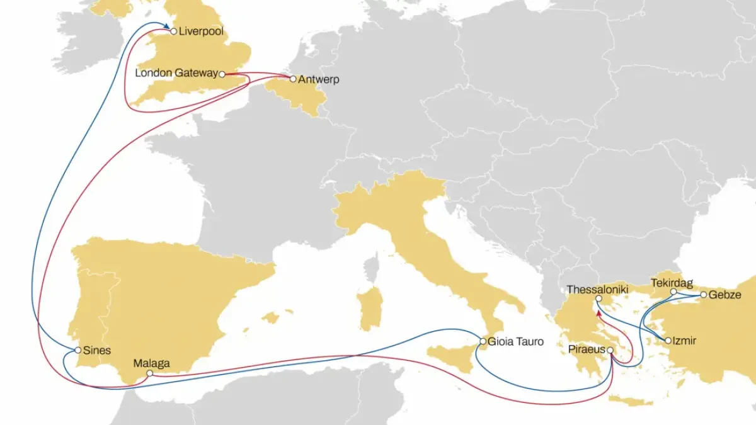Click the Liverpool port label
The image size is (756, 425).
point(202,31)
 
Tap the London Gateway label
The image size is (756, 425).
point(176,74)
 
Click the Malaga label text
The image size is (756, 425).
point(151,363)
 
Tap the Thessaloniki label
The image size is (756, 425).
point(598,290)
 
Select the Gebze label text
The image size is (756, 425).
point(725,295)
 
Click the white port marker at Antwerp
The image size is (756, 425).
point(293,79)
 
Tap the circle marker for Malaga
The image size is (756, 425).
point(149,373)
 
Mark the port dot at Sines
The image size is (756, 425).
point(77,349)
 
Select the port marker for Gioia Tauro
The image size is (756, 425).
point(483,342)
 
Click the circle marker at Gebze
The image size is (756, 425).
point(704,295)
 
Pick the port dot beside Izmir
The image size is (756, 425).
point(668,341)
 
